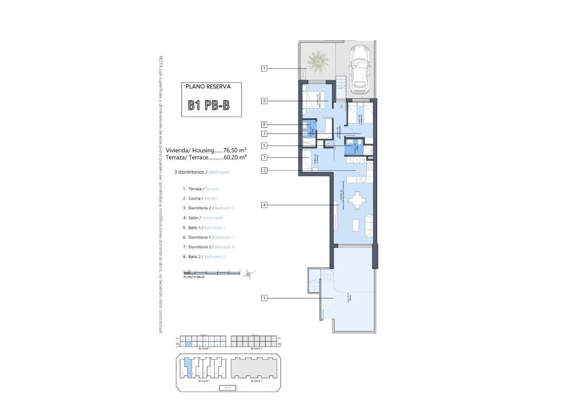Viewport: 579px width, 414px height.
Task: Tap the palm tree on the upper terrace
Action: tap(317, 61)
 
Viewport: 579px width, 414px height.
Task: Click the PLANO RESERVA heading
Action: tap(208, 87)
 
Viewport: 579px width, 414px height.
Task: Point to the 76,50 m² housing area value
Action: tap(235, 150)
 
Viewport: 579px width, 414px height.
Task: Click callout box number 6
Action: tap(264, 101)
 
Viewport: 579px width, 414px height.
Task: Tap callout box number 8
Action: tap(264, 124)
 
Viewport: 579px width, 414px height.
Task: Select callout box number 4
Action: tap(264, 205)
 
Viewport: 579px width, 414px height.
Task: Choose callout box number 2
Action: tap(264, 170)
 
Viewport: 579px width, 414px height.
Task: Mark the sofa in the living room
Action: tap(368, 225)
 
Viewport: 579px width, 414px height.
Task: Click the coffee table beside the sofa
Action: tap(356, 225)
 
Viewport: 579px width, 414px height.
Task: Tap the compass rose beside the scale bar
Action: tap(248, 274)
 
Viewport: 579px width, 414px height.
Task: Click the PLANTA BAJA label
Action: tap(194, 278)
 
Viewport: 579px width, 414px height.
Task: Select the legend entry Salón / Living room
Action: tap(202, 218)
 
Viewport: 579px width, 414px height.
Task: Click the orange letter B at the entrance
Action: tap(341, 106)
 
